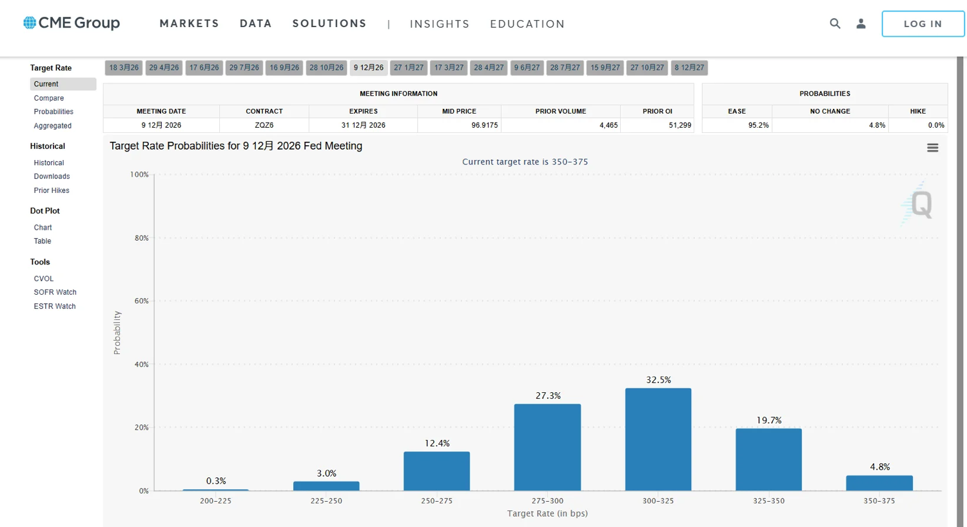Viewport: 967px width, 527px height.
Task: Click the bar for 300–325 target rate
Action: (x=658, y=439)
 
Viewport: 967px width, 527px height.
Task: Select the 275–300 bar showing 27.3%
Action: (x=547, y=447)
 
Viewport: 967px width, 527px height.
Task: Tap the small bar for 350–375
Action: (x=879, y=483)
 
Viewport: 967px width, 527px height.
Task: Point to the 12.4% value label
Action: (x=437, y=444)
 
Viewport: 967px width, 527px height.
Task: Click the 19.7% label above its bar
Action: (x=769, y=421)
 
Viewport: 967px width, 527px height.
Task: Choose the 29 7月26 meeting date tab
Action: (x=244, y=68)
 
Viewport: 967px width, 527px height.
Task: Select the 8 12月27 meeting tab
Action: (x=689, y=68)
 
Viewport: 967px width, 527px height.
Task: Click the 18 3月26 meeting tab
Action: (x=124, y=68)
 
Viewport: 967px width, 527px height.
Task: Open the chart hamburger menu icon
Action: (x=932, y=148)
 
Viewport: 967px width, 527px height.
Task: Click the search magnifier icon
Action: (x=835, y=24)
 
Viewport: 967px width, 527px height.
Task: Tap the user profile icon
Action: (x=861, y=24)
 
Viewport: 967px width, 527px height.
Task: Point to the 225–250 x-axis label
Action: (x=326, y=501)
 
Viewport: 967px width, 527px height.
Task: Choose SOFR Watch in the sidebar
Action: (x=55, y=292)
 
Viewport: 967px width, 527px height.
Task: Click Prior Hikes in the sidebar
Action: (x=52, y=190)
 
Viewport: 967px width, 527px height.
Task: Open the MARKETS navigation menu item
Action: (x=190, y=24)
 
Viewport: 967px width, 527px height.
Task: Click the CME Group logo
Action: (x=72, y=23)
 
